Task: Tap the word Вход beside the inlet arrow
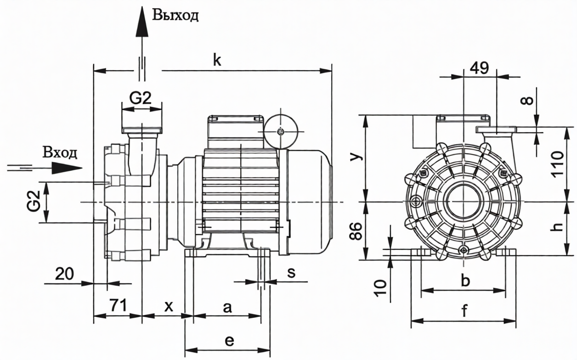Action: coord(60,152)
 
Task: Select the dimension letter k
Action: coord(217,60)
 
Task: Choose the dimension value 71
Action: coord(117,304)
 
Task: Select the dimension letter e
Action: coord(230,340)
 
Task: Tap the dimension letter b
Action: coord(465,280)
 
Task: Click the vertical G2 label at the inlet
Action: coord(33,202)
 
